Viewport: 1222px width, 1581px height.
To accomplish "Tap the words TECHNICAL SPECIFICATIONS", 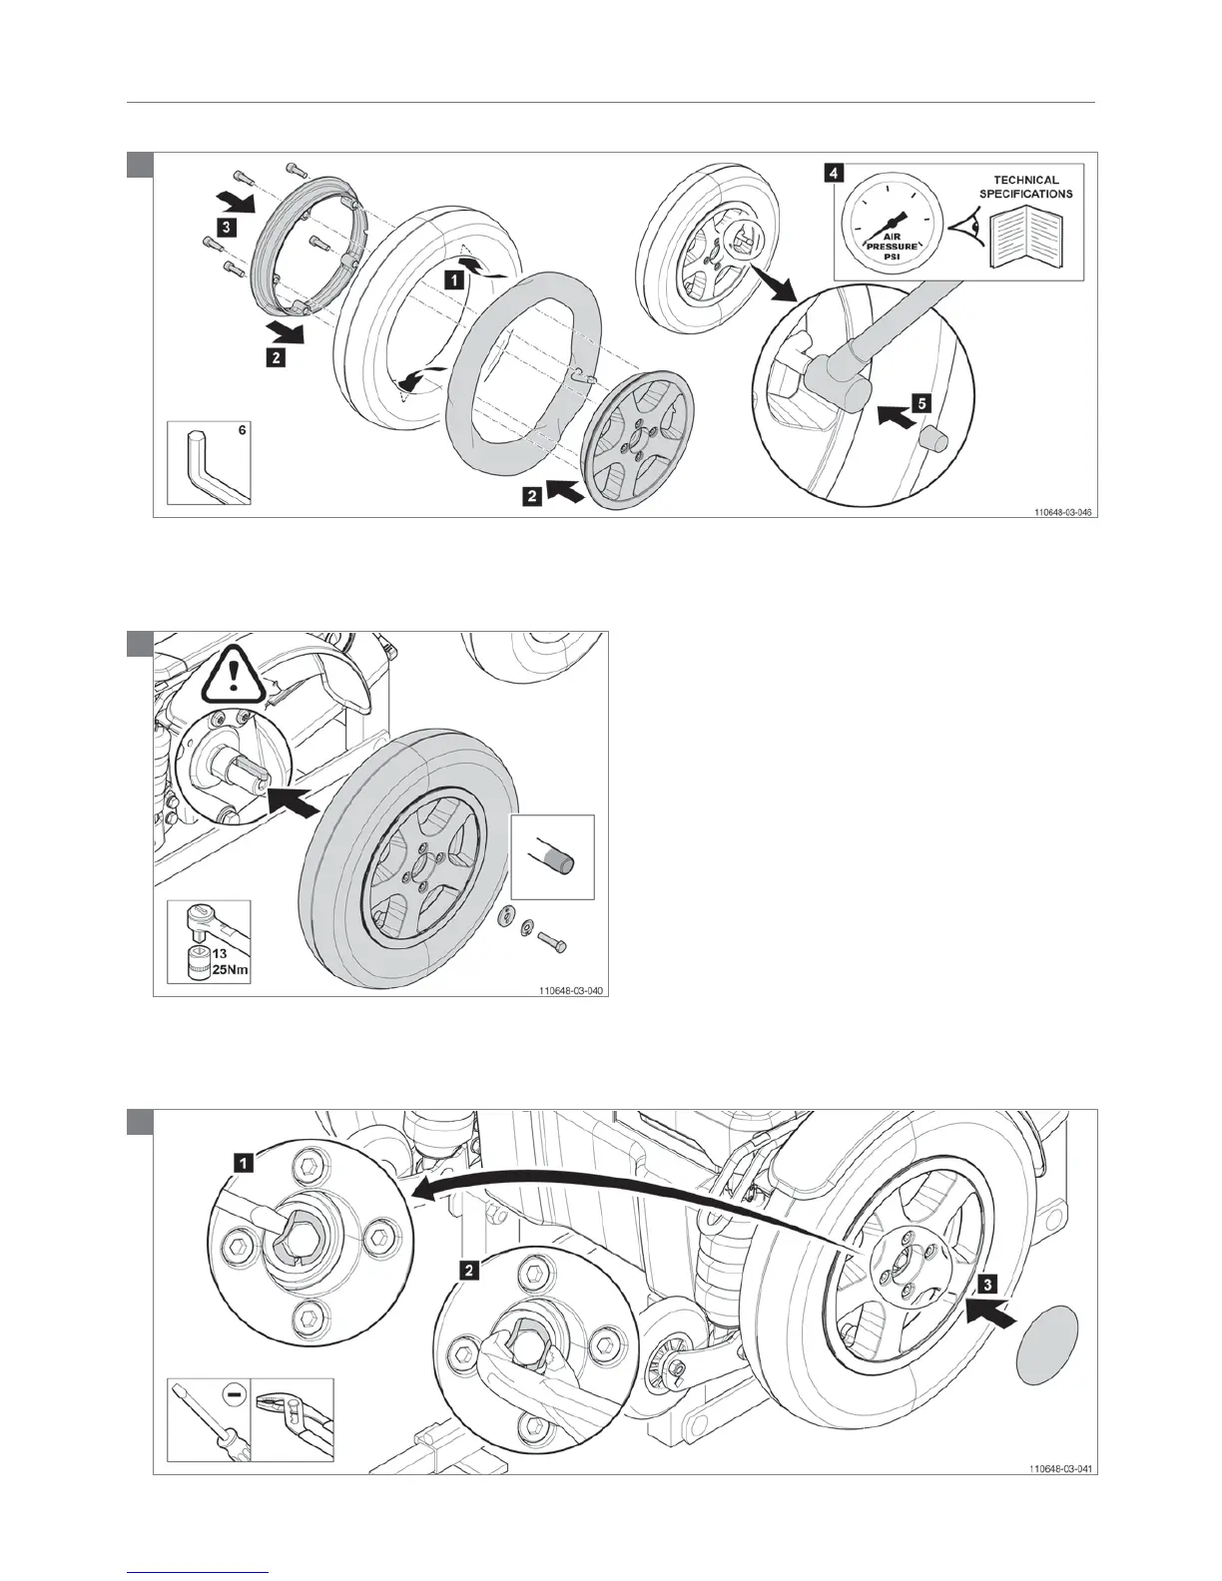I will [1025, 187].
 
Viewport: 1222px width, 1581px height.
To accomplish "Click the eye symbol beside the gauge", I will [963, 226].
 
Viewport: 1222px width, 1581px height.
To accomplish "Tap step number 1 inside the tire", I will [454, 280].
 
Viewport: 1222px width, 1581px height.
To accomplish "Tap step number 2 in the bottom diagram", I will [466, 1269].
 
